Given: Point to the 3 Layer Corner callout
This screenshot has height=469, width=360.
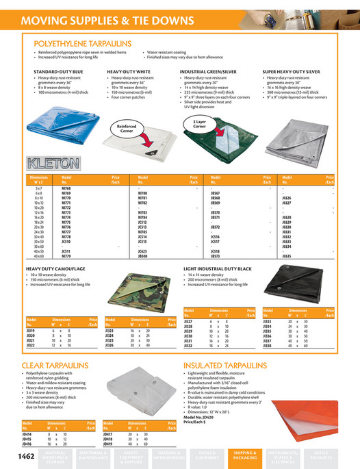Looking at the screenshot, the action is pos(199,124).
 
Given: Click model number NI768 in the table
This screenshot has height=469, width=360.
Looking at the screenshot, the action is pos(66,186).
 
